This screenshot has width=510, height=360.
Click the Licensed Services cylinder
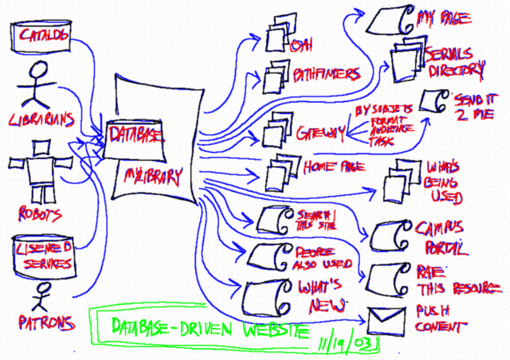coord(45,254)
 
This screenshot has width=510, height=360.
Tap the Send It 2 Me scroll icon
coord(435,100)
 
